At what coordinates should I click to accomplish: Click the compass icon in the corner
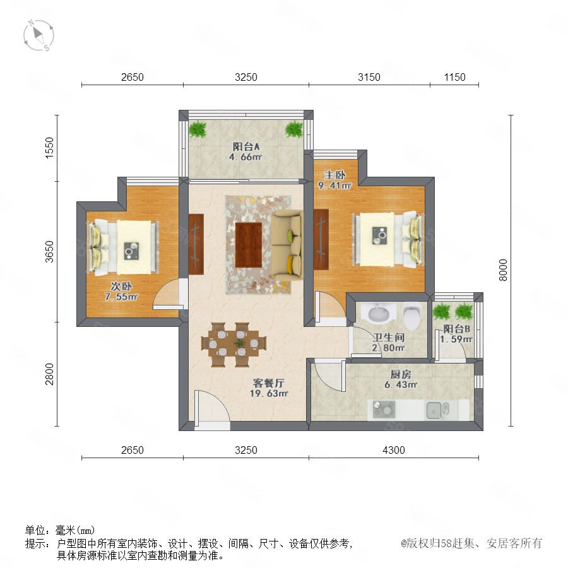coord(38,35)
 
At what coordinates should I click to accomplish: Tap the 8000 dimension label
coord(503,270)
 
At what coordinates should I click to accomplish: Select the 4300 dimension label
coord(393,450)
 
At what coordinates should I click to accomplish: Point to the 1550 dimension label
coord(49,148)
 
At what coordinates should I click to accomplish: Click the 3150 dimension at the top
coord(369,77)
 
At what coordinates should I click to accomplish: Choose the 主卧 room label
coord(334,175)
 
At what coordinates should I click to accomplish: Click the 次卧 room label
coord(121,286)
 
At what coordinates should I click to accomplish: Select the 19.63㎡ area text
coord(268,393)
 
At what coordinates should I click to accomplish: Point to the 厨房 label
coord(401,374)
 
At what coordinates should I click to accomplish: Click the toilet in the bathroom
coord(412,314)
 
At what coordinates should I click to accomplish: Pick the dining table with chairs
coord(234,344)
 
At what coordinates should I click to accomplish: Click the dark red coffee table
coord(249,246)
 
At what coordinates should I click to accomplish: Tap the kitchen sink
coord(437,410)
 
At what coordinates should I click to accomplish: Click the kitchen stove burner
coord(384,410)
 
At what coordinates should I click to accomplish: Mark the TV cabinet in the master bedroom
coord(321,239)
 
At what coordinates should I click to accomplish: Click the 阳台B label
coord(456,329)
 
